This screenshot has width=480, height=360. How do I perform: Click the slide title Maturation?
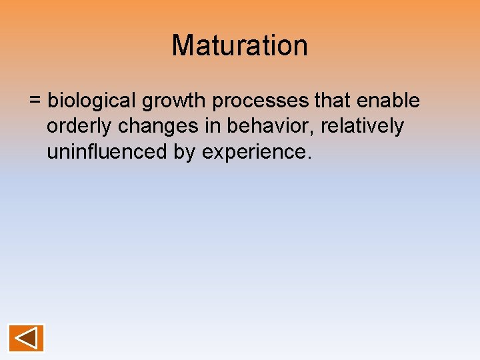(x=240, y=45)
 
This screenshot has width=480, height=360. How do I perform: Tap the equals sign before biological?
(x=35, y=101)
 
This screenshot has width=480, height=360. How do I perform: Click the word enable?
(x=389, y=101)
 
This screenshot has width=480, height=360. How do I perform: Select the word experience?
(x=253, y=153)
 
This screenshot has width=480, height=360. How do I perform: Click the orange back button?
(x=27, y=338)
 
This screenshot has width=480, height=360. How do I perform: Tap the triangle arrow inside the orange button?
(x=25, y=338)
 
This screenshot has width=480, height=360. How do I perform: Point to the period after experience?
(x=308, y=158)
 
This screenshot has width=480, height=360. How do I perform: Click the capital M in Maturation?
(x=183, y=45)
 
